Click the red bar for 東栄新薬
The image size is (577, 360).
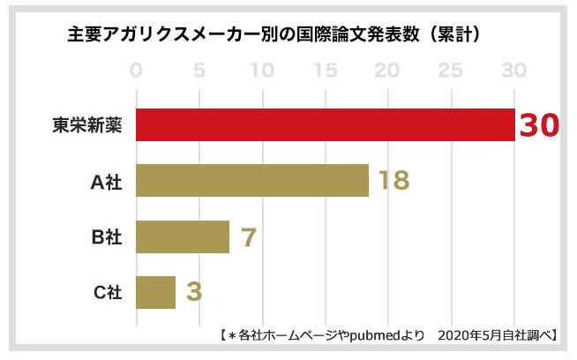(325, 124)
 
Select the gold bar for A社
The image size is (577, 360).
(252, 180)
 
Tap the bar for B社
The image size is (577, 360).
(183, 236)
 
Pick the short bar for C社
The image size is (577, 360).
(156, 291)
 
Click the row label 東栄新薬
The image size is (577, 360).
(86, 125)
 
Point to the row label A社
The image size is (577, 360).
(105, 181)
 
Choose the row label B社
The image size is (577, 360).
(105, 236)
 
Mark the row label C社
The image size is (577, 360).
(105, 292)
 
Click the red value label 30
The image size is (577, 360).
(538, 125)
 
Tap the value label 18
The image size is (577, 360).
(393, 181)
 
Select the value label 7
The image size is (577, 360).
(248, 236)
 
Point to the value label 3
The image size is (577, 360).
(193, 292)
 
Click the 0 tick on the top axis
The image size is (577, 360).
(136, 70)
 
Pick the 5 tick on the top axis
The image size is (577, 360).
(199, 70)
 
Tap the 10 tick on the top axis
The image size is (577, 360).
(262, 70)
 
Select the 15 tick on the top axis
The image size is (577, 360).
(325, 70)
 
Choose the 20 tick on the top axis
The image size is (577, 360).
(388, 70)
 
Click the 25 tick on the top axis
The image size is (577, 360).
(451, 70)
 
